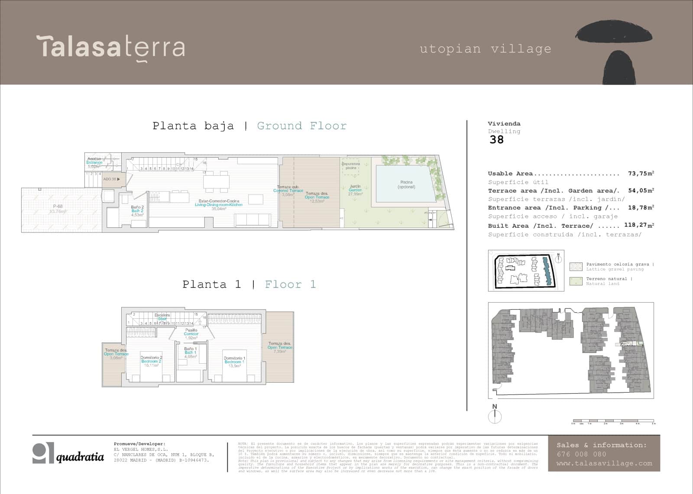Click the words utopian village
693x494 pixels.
point(486,49)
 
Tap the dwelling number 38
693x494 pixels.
point(497,140)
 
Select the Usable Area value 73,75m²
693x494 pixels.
point(641,174)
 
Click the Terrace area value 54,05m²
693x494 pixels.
point(641,190)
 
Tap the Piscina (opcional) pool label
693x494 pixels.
point(406,184)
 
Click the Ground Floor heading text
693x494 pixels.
point(301,126)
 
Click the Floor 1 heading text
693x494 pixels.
point(290,284)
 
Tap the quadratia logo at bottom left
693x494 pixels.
point(68,454)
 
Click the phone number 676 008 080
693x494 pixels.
point(581,454)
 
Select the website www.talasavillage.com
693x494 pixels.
point(604,463)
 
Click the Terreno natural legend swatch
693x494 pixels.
point(576,281)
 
